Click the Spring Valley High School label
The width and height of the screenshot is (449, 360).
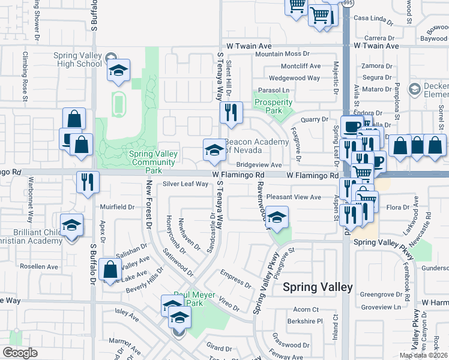[77, 59]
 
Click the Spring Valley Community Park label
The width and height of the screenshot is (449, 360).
[154, 158]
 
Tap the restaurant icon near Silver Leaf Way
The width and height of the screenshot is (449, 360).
[88, 181]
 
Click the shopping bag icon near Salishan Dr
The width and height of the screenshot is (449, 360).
[110, 270]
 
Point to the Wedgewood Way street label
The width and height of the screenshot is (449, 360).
[294, 78]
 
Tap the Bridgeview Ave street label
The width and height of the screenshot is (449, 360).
[259, 164]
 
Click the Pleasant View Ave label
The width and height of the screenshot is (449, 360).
[294, 197]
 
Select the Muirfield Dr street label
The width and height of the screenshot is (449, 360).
[118, 207]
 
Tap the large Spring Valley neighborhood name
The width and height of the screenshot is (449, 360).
[318, 287]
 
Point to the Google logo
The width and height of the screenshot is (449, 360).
[20, 353]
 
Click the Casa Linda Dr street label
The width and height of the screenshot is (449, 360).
[373, 18]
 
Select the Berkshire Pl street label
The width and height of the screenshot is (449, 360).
[304, 321]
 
